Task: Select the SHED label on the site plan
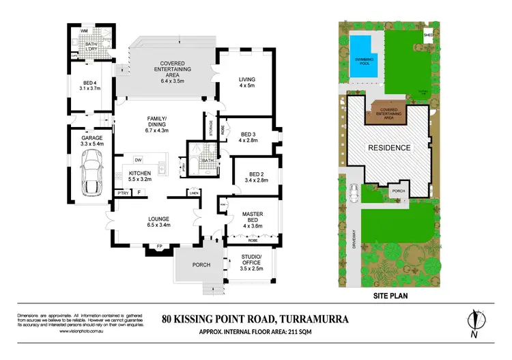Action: coord(428,34)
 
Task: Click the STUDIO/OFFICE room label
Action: coord(251,260)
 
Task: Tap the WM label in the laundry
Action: coord(83,31)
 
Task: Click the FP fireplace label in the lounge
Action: coord(158,245)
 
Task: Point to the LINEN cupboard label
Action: coord(194,192)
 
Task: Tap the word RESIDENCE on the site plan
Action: coord(390,148)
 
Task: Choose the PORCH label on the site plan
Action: coord(397,192)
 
